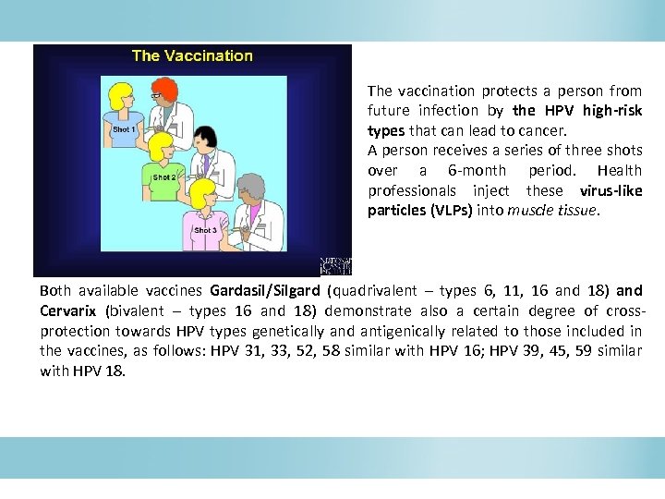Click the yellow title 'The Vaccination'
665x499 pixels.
pos(192,55)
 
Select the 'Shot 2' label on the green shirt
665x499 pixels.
pos(164,177)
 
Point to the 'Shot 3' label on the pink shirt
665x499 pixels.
pos(205,230)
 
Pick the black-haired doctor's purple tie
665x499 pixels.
pos(208,164)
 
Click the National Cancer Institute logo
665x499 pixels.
pos(335,266)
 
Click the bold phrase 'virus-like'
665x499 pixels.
pos(611,190)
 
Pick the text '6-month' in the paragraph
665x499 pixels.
pos(477,170)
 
